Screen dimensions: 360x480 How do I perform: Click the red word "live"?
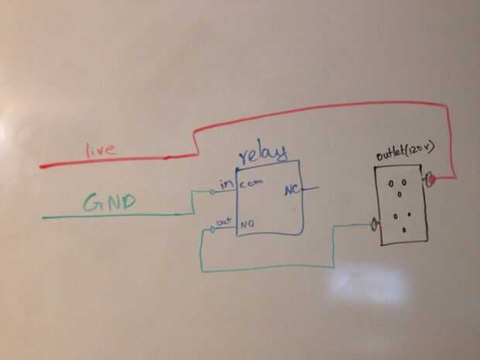click(x=101, y=149)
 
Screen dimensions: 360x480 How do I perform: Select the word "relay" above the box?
click(x=264, y=153)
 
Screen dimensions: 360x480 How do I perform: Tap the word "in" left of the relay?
click(x=226, y=185)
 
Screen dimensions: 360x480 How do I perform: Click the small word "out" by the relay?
click(x=224, y=221)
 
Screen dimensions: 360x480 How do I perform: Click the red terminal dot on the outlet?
click(x=432, y=180)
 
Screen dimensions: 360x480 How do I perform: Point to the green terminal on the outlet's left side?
click(x=375, y=225)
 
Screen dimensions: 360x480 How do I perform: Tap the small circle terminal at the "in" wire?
click(x=212, y=190)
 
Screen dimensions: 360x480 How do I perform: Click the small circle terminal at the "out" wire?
click(x=212, y=229)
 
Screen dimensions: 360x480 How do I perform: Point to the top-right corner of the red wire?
click(x=450, y=108)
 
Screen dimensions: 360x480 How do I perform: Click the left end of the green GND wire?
click(x=45, y=217)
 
